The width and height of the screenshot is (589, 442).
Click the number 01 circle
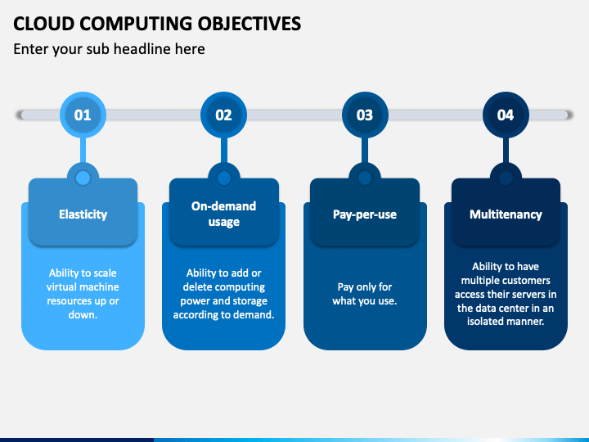pos(83,115)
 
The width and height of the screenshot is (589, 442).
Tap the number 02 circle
pos(224,115)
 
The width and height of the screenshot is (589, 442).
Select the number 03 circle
pos(365,115)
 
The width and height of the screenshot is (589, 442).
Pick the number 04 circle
pos(506,115)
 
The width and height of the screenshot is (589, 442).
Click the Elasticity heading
pos(83,214)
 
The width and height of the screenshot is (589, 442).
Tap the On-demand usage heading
pos(224,214)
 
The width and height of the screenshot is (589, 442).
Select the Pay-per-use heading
pos(365,214)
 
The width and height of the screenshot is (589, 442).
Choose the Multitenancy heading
pos(506,214)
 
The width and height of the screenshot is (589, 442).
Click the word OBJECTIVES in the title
pos(250,24)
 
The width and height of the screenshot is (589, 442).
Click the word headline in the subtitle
pos(140,49)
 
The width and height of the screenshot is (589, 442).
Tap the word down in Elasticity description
pos(83,314)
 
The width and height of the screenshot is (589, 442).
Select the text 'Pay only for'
pos(365,287)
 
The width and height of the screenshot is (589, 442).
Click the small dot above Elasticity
pos(83,178)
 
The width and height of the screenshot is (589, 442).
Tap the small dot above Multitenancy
pos(506,178)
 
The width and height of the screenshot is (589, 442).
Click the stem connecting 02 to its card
pos(224,151)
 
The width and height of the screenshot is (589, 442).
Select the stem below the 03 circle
pos(365,151)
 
